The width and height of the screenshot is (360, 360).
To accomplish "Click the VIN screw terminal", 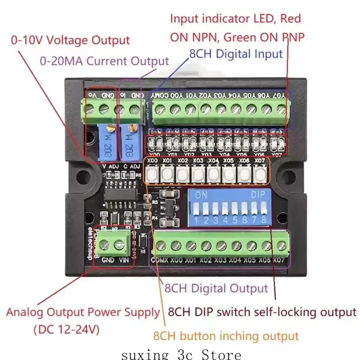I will pos(119,245).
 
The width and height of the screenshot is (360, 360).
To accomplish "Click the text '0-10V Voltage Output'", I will pos(70,40).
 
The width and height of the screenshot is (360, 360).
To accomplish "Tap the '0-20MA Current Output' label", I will pos(104,61).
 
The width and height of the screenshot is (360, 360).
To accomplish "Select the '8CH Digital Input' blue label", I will pos(236,54).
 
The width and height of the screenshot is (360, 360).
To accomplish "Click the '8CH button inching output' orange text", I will pos(226,336).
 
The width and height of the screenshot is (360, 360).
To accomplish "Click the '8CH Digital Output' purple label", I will pos(216,288).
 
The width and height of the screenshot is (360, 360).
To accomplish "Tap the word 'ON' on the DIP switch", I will pos(201,196).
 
